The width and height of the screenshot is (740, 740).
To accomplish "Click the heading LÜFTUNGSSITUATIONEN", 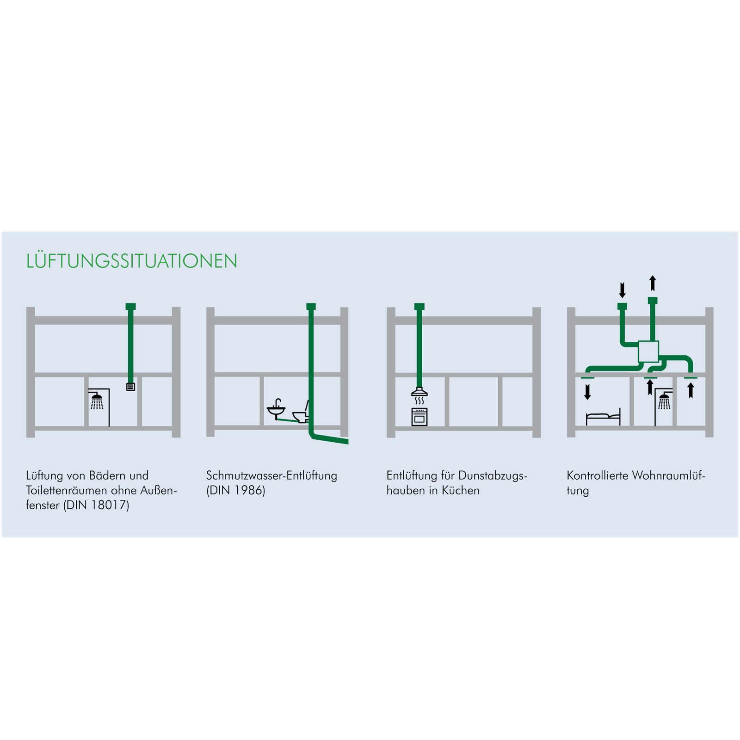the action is pyautogui.click(x=131, y=261).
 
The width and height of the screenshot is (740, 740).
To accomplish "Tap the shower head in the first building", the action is pyautogui.click(x=97, y=401).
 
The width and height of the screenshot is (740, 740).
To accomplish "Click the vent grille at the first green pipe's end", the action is pyautogui.click(x=130, y=387).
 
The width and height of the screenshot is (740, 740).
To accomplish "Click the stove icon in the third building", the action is pyautogui.click(x=419, y=417).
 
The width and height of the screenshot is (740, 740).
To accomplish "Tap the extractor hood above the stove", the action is pyautogui.click(x=419, y=392).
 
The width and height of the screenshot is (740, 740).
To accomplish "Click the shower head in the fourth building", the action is pyautogui.click(x=664, y=401).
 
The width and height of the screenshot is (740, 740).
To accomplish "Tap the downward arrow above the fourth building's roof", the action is pyautogui.click(x=622, y=290).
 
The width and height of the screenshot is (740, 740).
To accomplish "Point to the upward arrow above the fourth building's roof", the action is pyautogui.click(x=653, y=283).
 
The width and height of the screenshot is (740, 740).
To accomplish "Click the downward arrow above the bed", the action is pyautogui.click(x=587, y=392).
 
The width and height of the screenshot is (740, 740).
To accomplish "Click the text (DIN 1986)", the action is pyautogui.click(x=235, y=490).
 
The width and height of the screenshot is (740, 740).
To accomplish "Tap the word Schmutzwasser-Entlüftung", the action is pyautogui.click(x=271, y=475).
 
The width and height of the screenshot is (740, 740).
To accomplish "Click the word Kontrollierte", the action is pyautogui.click(x=598, y=475).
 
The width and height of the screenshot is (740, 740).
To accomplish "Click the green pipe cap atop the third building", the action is pyautogui.click(x=419, y=306).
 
